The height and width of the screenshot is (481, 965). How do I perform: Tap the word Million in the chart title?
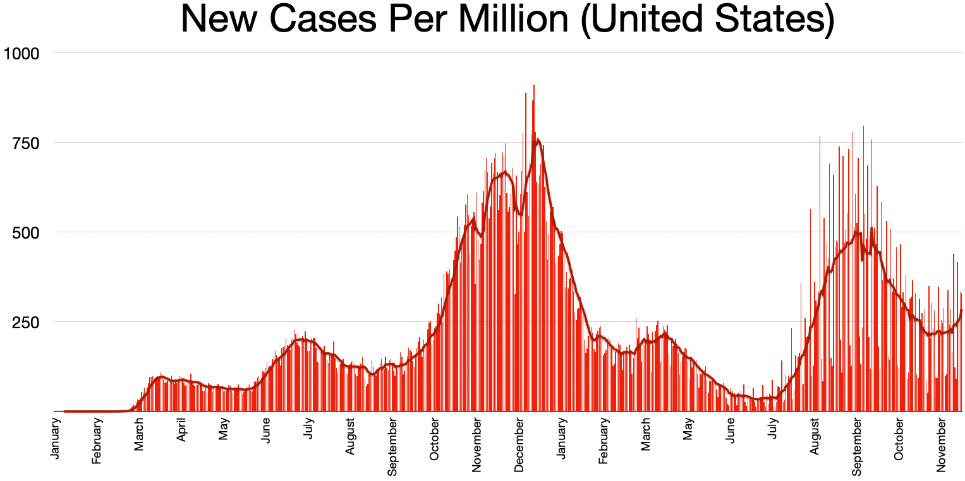pyautogui.click(x=511, y=20)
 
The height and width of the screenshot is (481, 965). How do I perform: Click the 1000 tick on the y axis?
pyautogui.click(x=22, y=54)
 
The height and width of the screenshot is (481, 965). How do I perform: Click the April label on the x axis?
pyautogui.click(x=181, y=432)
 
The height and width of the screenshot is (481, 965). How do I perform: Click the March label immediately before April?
pyautogui.click(x=139, y=433)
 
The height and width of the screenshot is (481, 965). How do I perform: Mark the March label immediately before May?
pyautogui.click(x=646, y=433)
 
